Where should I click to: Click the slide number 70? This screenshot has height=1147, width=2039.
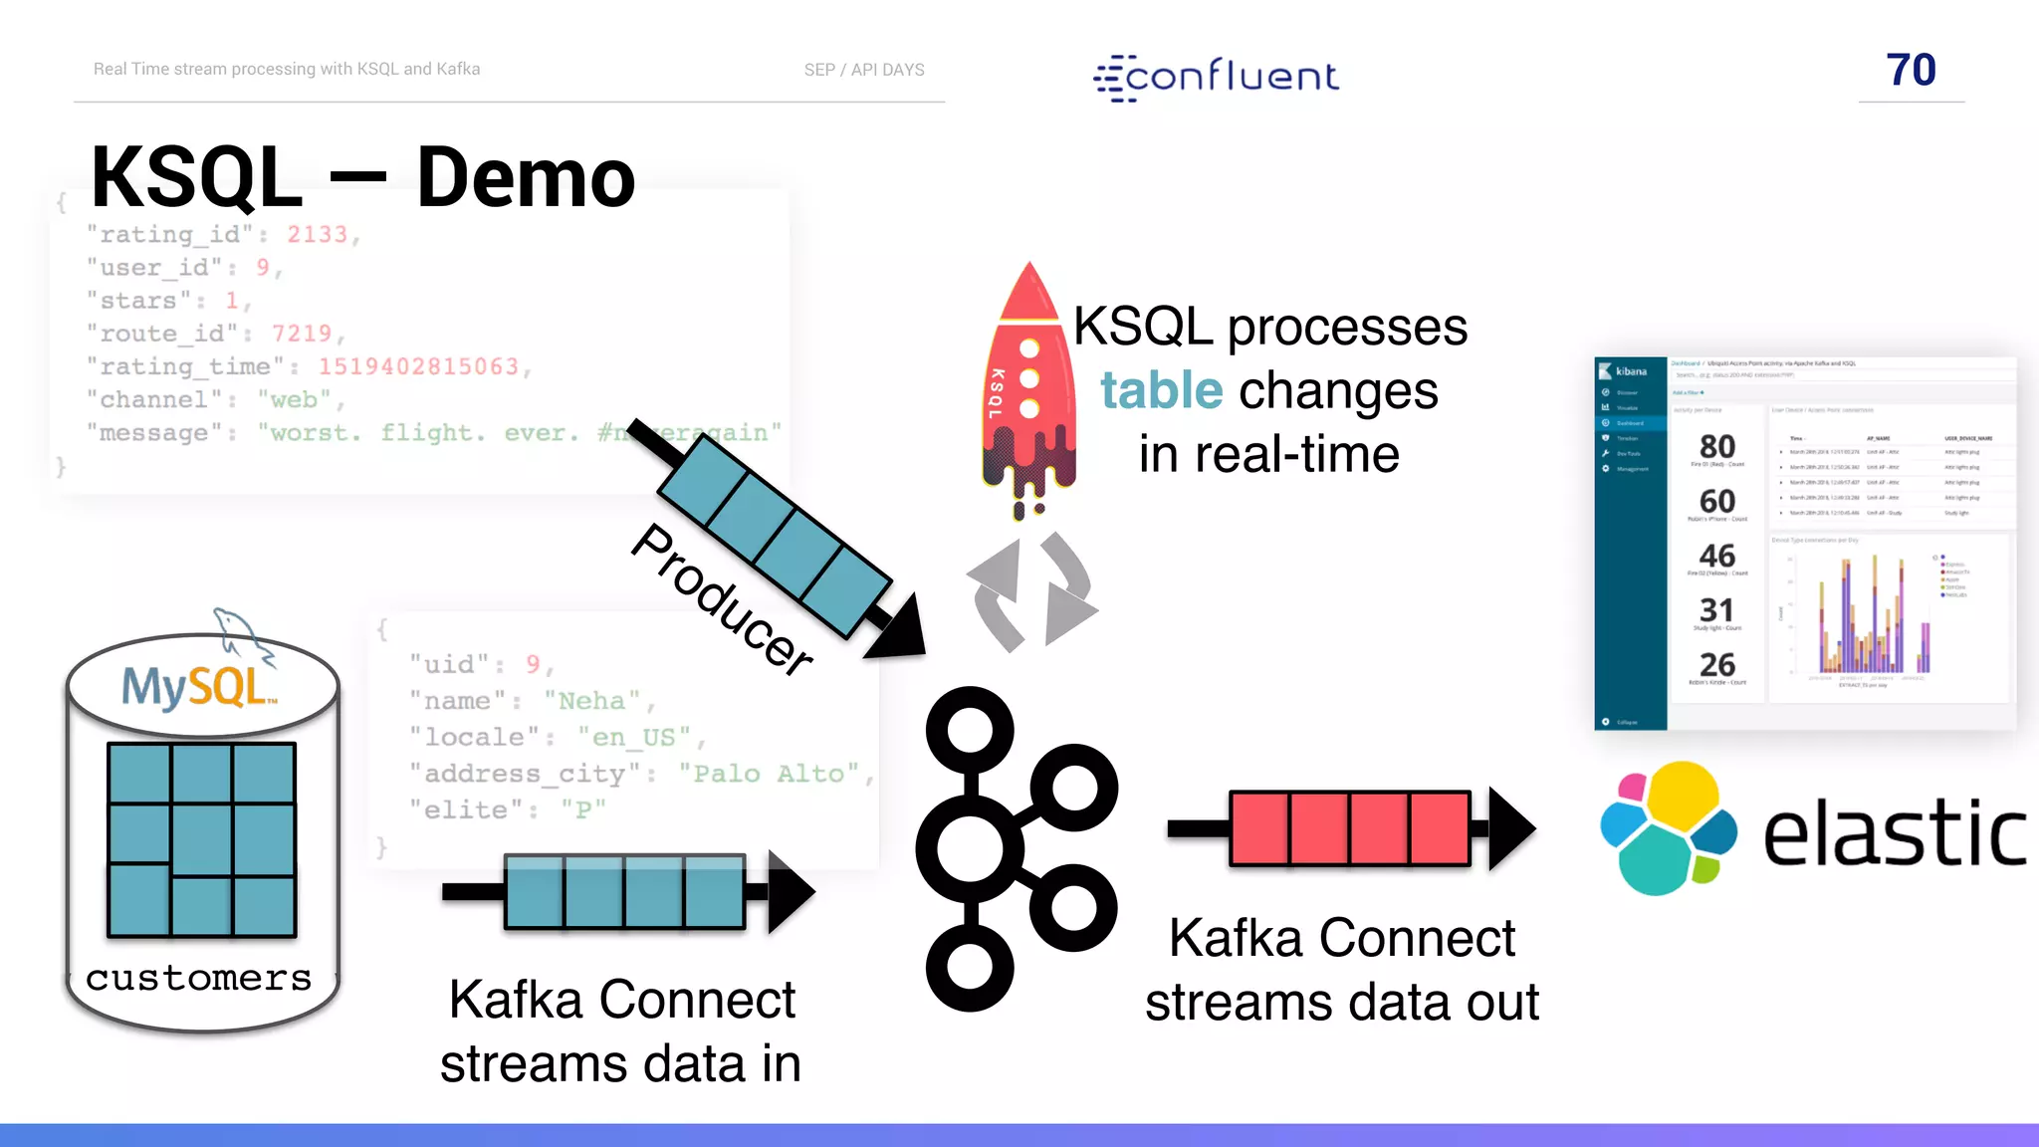click(x=1911, y=70)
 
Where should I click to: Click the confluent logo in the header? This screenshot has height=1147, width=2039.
click(x=1217, y=77)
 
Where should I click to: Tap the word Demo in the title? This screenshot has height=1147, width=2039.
click(x=526, y=178)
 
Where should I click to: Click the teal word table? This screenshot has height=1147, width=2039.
click(x=1161, y=390)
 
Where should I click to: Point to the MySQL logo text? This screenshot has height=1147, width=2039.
click(x=197, y=687)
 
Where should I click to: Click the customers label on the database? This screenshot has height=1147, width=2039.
click(x=198, y=978)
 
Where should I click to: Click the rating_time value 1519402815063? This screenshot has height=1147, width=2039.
click(x=418, y=366)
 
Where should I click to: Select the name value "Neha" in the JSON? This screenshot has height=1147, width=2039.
click(x=591, y=701)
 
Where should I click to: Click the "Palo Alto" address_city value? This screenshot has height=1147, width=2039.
click(x=768, y=774)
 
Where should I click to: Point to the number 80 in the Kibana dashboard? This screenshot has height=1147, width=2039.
click(x=1716, y=446)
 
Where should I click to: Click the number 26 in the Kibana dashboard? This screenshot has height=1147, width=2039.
click(x=1716, y=664)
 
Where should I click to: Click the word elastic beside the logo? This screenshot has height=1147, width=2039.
click(x=1894, y=834)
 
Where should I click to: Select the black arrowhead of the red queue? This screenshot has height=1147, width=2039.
click(x=1509, y=828)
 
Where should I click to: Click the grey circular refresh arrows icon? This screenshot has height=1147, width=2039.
click(x=1031, y=593)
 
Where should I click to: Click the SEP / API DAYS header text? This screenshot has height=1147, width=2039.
click(x=864, y=70)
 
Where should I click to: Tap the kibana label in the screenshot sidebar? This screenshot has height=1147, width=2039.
click(x=1630, y=371)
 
